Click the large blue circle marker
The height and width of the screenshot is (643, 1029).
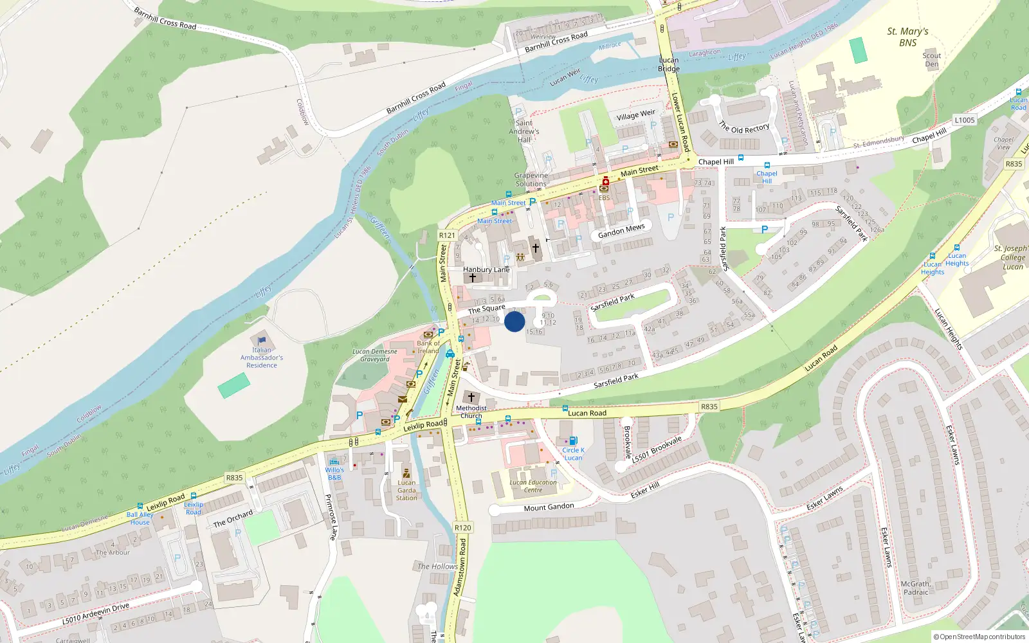click(x=514, y=321)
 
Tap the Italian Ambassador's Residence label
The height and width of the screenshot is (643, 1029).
click(x=261, y=358)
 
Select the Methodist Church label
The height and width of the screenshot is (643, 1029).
click(x=471, y=412)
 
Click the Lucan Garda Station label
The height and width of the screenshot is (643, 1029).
click(x=406, y=490)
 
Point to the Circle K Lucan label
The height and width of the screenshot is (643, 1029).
click(x=573, y=454)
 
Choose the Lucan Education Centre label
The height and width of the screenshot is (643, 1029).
click(x=533, y=486)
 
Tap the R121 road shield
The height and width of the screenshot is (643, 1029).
click(x=447, y=235)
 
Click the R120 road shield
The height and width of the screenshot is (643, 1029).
click(x=462, y=527)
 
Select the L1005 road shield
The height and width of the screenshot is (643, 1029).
click(x=965, y=120)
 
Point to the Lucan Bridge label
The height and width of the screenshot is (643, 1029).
click(x=669, y=64)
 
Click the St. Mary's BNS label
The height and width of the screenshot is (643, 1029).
click(x=907, y=37)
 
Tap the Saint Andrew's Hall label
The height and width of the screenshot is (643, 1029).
click(x=524, y=131)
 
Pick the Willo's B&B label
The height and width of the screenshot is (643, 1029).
click(x=334, y=473)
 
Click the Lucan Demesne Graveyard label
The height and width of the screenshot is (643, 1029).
click(x=375, y=355)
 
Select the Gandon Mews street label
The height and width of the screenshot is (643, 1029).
click(x=621, y=230)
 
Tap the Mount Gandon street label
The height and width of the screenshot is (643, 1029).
click(x=549, y=507)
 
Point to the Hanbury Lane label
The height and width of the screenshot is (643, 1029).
click(x=486, y=269)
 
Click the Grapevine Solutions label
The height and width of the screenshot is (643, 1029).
click(x=531, y=179)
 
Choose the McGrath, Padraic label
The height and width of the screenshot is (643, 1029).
click(x=915, y=588)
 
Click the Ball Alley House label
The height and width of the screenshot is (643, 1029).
click(x=140, y=518)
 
